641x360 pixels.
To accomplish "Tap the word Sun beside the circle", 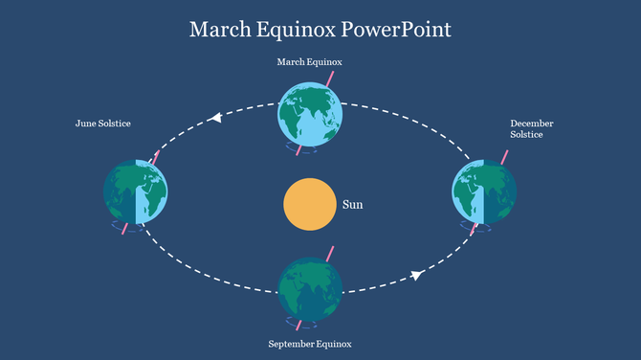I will click(353, 204).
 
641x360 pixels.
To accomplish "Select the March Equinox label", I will click(309, 62).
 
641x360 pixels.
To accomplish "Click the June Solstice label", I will click(103, 124).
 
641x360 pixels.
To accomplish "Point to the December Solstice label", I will click(531, 129).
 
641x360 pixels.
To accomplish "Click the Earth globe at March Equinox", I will click(310, 113).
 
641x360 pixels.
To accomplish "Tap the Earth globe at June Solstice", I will click(136, 191).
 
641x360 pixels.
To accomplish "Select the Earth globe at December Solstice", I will click(484, 191).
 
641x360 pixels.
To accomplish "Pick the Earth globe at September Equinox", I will click(310, 288).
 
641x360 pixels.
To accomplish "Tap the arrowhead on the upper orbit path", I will click(215, 118).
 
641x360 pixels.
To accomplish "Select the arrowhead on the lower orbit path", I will click(417, 276).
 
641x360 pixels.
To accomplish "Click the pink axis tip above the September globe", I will click(331, 253).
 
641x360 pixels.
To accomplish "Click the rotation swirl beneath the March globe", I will click(297, 148).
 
